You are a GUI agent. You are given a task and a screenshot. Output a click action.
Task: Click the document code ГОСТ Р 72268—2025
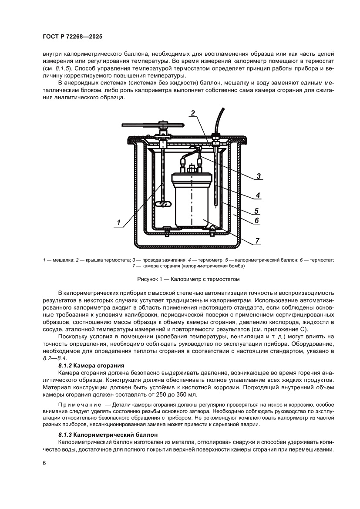click(x=72, y=37)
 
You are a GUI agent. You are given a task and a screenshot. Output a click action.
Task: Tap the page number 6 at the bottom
click(x=44, y=463)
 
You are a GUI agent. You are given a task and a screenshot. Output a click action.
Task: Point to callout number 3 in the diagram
click(x=258, y=176)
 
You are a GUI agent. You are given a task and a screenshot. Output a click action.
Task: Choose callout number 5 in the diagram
click(x=257, y=211)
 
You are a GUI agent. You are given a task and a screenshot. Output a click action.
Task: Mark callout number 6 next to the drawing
click(x=257, y=221)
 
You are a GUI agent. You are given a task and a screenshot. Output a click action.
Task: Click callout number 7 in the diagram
click(x=258, y=240)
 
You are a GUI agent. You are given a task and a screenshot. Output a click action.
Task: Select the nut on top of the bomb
click(x=191, y=168)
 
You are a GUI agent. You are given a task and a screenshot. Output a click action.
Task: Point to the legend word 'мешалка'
click(x=62, y=260)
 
